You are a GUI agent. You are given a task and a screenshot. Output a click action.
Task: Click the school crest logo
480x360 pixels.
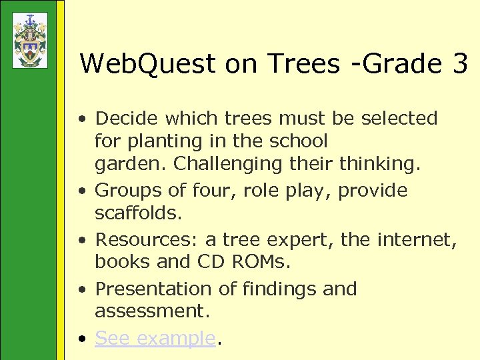(30, 40)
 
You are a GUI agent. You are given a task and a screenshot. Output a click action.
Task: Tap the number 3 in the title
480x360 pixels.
(459, 64)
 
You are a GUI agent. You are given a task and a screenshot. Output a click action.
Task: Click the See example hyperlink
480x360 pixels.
(155, 338)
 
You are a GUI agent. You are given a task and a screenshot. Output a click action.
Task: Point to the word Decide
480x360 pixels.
(127, 119)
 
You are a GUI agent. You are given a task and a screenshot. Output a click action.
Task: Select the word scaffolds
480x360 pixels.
(136, 214)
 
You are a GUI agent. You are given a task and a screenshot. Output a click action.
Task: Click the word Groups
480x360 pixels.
(127, 191)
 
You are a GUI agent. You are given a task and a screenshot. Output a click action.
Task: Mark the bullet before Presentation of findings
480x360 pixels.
(81, 290)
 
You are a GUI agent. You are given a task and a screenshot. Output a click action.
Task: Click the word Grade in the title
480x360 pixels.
(399, 64)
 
